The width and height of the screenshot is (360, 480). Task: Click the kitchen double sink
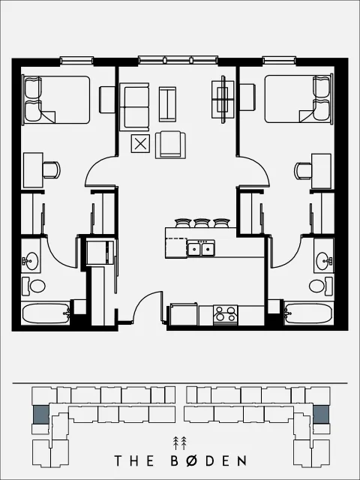coord(201,248)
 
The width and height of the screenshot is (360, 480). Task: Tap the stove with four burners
coord(226,314)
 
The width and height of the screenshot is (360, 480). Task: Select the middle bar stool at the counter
coord(202,223)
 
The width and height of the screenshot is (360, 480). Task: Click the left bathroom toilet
coord(34,286)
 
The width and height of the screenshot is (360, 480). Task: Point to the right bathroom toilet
coord(320,286)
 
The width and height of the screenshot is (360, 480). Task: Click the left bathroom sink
coord(31,261)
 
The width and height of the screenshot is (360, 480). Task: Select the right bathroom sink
coord(324,261)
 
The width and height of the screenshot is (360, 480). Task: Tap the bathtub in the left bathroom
coord(46,313)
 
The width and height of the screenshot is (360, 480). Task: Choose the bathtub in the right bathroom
coord(308,313)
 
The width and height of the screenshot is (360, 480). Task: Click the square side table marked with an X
coord(140,143)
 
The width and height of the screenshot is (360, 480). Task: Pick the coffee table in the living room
coord(167,104)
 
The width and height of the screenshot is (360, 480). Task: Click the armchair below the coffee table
coord(170,145)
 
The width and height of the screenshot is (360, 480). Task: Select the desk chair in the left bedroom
coord(52,170)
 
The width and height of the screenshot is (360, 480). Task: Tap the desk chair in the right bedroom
coord(303,171)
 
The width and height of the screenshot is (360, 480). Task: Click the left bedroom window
coord(76,60)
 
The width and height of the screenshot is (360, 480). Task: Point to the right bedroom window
coord(279,60)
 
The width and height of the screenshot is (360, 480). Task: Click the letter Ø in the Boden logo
coord(192,461)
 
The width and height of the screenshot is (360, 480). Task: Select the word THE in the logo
coord(134,461)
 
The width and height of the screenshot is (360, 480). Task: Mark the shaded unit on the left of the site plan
coord(40,415)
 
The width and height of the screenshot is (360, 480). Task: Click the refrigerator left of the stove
coord(184,314)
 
